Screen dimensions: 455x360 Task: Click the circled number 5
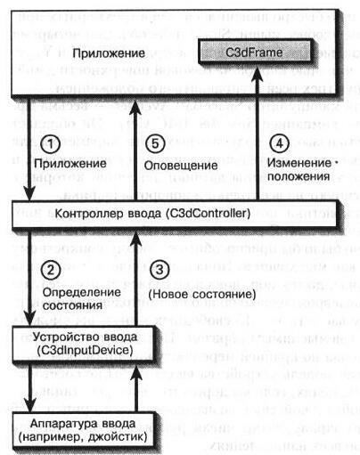coord(158,143)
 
